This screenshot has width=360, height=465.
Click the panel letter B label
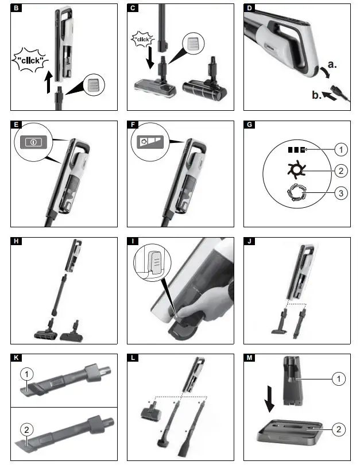[x=17, y=9]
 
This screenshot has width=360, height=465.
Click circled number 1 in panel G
[x=340, y=150]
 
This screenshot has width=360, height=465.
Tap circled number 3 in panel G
[x=340, y=193]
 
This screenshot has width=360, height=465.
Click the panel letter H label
[x=17, y=241]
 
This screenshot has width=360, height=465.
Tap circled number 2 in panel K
[x=25, y=428]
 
